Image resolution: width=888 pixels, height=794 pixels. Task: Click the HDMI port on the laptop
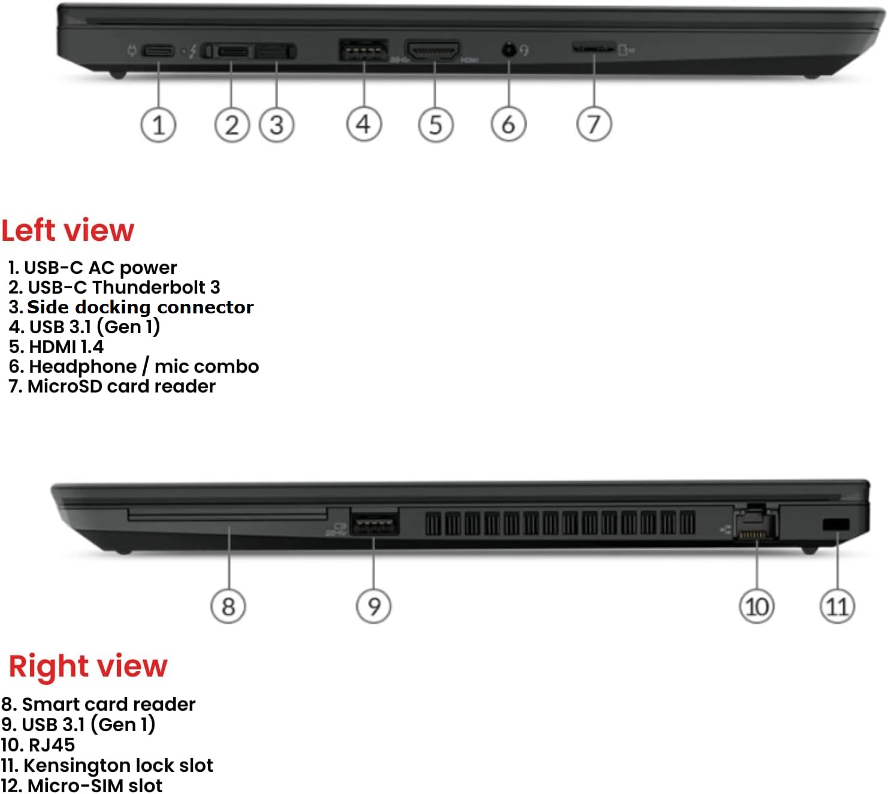(433, 50)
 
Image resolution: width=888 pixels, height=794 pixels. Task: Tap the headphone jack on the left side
(509, 50)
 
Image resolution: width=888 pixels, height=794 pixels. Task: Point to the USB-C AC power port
(158, 51)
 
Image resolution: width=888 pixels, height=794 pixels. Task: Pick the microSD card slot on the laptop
(594, 47)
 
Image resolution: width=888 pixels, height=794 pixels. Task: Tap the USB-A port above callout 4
(364, 50)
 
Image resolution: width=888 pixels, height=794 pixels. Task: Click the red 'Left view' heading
(68, 230)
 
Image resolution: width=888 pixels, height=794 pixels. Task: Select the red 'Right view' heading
(88, 666)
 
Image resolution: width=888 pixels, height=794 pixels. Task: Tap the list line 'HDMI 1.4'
(56, 347)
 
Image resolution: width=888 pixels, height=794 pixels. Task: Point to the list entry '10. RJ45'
(38, 745)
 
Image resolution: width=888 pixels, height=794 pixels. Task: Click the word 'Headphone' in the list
(83, 367)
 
